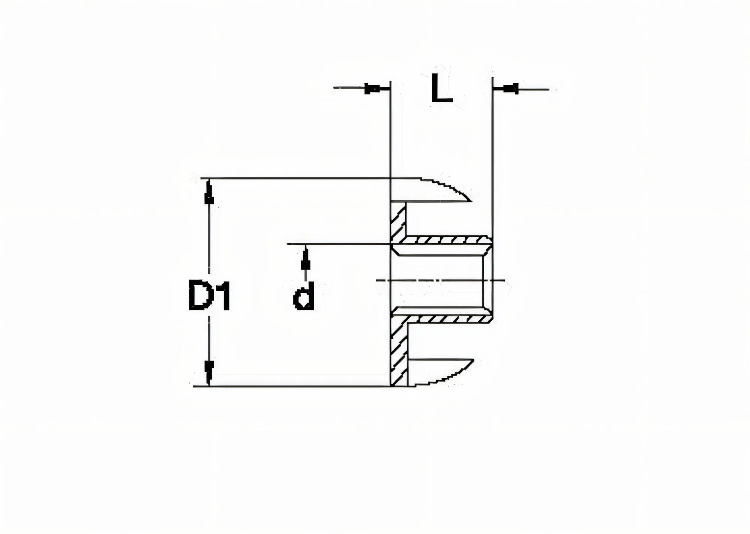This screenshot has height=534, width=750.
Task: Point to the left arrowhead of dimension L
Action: coord(372,89)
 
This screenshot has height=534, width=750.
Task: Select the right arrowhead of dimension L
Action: coord(510,89)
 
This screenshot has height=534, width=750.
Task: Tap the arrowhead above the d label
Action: coord(306,262)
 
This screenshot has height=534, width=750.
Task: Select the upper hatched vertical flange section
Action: coord(398,221)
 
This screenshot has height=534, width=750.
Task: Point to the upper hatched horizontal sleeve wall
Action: coord(446,240)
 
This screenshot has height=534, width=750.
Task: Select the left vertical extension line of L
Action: coord(390,131)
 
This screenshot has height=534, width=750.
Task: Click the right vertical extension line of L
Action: coord(492,150)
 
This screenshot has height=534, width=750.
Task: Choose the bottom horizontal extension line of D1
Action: coord(292,386)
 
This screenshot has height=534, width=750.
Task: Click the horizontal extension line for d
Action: coord(337,244)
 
